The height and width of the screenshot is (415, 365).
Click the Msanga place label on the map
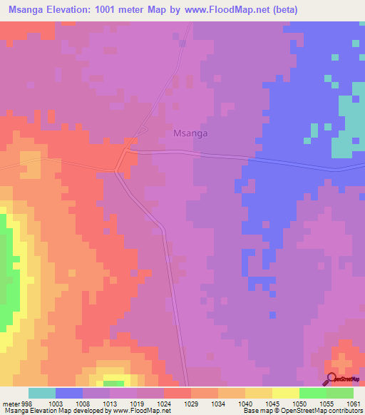[190, 133]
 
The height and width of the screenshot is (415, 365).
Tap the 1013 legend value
[108, 403]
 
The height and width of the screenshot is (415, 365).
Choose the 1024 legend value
[164, 403]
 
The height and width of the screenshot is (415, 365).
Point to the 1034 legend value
[217, 403]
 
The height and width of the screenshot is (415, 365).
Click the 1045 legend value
[271, 403]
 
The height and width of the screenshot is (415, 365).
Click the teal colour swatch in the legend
[42, 393]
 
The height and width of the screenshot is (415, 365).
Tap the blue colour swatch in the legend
[69, 393]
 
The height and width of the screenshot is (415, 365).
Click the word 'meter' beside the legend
[11, 403]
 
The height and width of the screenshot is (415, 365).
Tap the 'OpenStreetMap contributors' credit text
[330, 411]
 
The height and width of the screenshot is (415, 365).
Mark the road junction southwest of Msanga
[117, 170]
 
